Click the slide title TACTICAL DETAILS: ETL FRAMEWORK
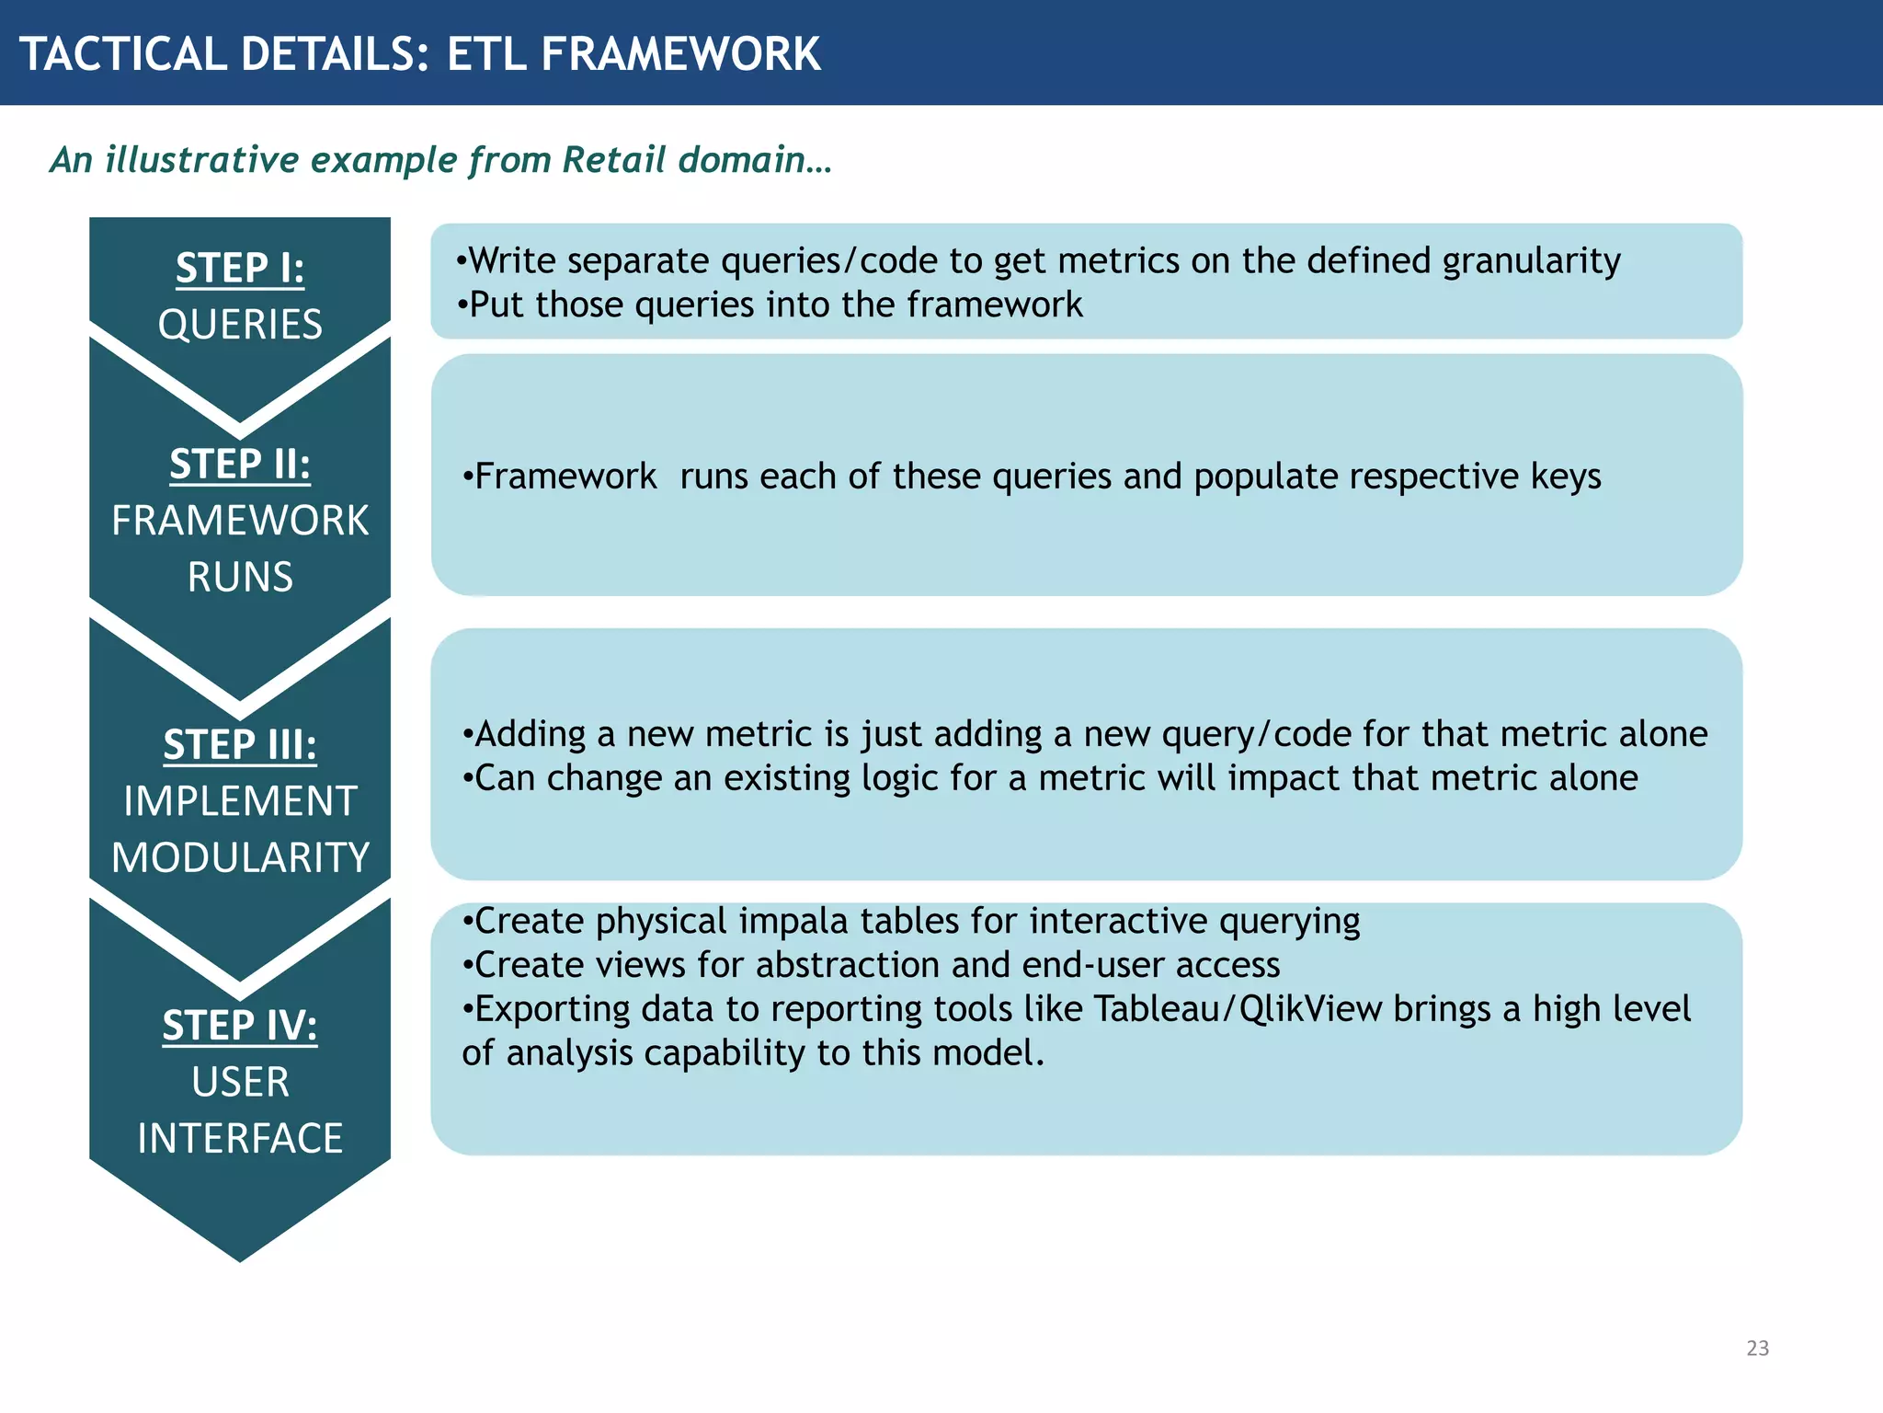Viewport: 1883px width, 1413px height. pos(419,53)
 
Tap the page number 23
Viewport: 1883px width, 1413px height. pos(1757,1348)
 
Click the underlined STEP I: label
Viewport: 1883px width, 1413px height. pos(240,269)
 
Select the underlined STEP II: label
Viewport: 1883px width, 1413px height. pos(240,465)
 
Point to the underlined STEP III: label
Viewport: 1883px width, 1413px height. pos(240,745)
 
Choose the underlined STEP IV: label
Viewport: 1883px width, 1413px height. pos(240,1026)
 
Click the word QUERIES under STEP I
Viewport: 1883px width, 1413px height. pos(240,325)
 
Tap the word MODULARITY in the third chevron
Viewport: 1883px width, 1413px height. pos(240,857)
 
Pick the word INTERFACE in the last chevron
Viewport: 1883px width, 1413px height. pos(240,1139)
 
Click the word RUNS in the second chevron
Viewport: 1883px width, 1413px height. pos(240,577)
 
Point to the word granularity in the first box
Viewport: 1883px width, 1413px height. pos(1531,262)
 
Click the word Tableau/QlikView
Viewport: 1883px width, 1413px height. pos(1238,1009)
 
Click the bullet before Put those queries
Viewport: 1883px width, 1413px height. pos(462,304)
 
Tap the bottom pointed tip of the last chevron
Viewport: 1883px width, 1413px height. pos(240,1258)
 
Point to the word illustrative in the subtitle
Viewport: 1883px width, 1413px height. pos(202,159)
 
